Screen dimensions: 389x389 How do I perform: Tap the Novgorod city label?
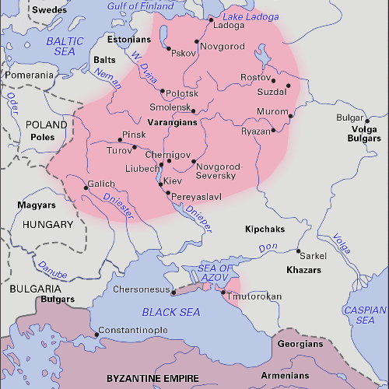224,47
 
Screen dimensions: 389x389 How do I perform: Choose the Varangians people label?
172,123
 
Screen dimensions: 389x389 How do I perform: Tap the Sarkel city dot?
299,251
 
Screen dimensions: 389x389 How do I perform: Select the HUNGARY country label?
48,224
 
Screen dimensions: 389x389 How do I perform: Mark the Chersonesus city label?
141,289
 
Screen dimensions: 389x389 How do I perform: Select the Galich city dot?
86,187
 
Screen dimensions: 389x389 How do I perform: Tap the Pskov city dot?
169,48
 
